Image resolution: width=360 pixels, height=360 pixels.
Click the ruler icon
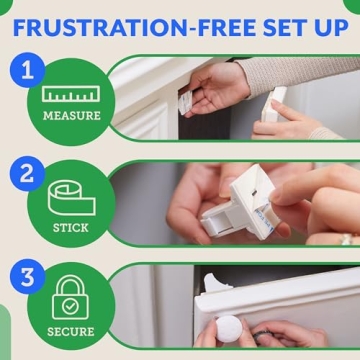(71, 96)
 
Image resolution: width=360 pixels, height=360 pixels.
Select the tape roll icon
(72, 198)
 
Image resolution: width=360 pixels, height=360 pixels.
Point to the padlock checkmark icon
(71, 299)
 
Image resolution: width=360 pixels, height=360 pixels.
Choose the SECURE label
(71, 331)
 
